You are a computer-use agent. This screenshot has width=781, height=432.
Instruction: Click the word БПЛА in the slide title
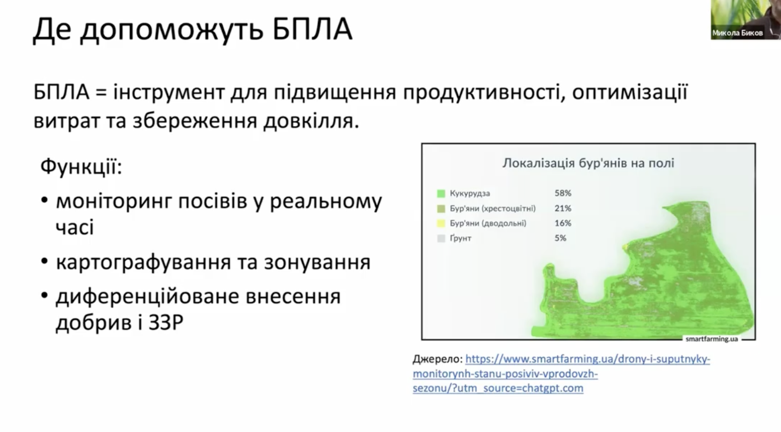coord(312,29)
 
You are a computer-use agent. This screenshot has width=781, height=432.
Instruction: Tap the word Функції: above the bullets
coord(81,167)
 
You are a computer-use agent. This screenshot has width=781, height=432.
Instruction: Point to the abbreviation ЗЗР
coord(166,323)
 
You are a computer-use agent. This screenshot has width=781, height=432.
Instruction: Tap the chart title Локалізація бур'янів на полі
coord(588,163)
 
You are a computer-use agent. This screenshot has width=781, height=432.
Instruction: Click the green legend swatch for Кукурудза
coord(441,193)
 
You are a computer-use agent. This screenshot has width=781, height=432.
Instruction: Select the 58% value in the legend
coord(563,193)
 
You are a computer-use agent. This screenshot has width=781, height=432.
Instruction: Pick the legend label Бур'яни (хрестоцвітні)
coord(493,208)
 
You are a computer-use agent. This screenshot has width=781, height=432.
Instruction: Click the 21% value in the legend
coord(563,208)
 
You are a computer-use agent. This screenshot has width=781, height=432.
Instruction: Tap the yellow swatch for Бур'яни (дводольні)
coord(441,223)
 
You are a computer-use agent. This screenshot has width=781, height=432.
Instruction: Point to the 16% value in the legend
coord(563,223)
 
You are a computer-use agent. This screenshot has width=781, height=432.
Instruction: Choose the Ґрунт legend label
coord(461,238)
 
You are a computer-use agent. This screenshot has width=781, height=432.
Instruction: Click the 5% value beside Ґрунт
coord(560,238)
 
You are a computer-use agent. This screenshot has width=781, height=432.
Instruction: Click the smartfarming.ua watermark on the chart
coord(712,339)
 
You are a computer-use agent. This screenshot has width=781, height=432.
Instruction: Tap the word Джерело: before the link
coord(437,359)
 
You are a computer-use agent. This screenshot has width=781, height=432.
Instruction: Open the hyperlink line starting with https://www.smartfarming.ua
coord(588,359)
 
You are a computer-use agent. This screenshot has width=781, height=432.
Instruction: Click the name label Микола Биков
coord(737,33)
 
